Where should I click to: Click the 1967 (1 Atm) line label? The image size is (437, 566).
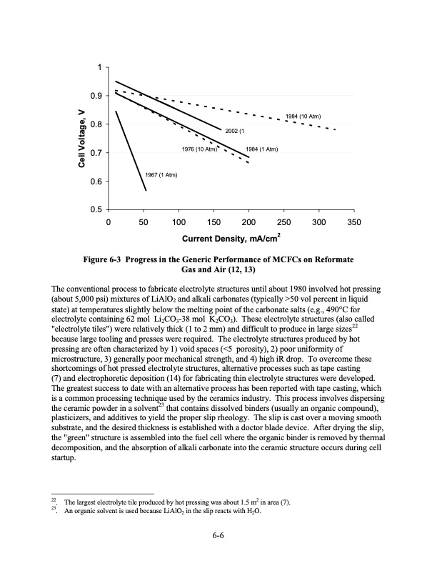161,175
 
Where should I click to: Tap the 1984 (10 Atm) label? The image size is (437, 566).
306,116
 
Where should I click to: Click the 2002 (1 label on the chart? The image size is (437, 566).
235,131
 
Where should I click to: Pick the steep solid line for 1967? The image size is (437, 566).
131,151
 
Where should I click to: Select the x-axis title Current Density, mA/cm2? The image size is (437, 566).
229,237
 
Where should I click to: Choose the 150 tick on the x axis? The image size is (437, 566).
214,222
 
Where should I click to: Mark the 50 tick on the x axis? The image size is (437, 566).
143,222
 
